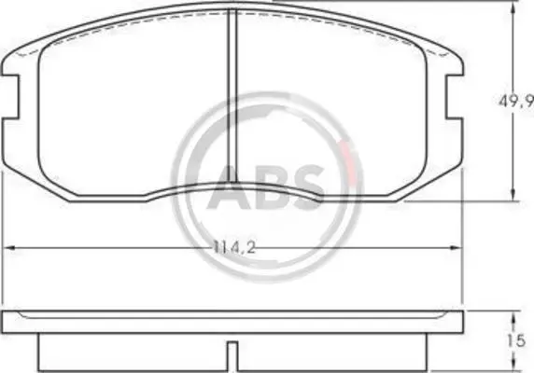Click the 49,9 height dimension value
click(516, 102)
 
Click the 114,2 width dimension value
click(234, 247)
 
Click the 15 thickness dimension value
click(516, 341)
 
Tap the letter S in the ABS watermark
click(304, 186)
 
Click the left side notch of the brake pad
click(10, 97)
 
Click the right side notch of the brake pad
click(455, 97)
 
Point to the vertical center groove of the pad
click(232, 96)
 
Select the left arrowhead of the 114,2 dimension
click(7, 248)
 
